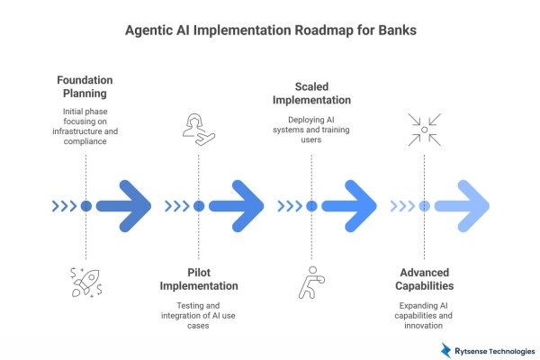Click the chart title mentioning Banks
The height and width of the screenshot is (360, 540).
pos(270,30)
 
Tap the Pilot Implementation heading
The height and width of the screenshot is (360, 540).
pos(199,279)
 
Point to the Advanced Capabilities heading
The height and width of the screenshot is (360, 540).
pos(426,279)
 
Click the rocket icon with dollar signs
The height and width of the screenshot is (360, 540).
pos(86,282)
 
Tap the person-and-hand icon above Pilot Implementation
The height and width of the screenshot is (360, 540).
pos(198,129)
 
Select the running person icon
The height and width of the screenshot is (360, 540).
pos(310,282)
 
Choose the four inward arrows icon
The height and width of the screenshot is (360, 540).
pos(423,129)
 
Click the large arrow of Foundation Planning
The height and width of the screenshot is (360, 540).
pos(124,205)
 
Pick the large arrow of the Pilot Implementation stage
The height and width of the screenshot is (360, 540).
pos(237,205)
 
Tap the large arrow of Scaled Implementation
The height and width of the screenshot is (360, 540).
pos(349,205)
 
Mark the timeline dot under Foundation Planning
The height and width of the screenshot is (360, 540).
pos(86,205)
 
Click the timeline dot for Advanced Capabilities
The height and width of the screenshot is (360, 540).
pos(424,205)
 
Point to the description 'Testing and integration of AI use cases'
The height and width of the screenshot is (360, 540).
pos(199,316)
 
